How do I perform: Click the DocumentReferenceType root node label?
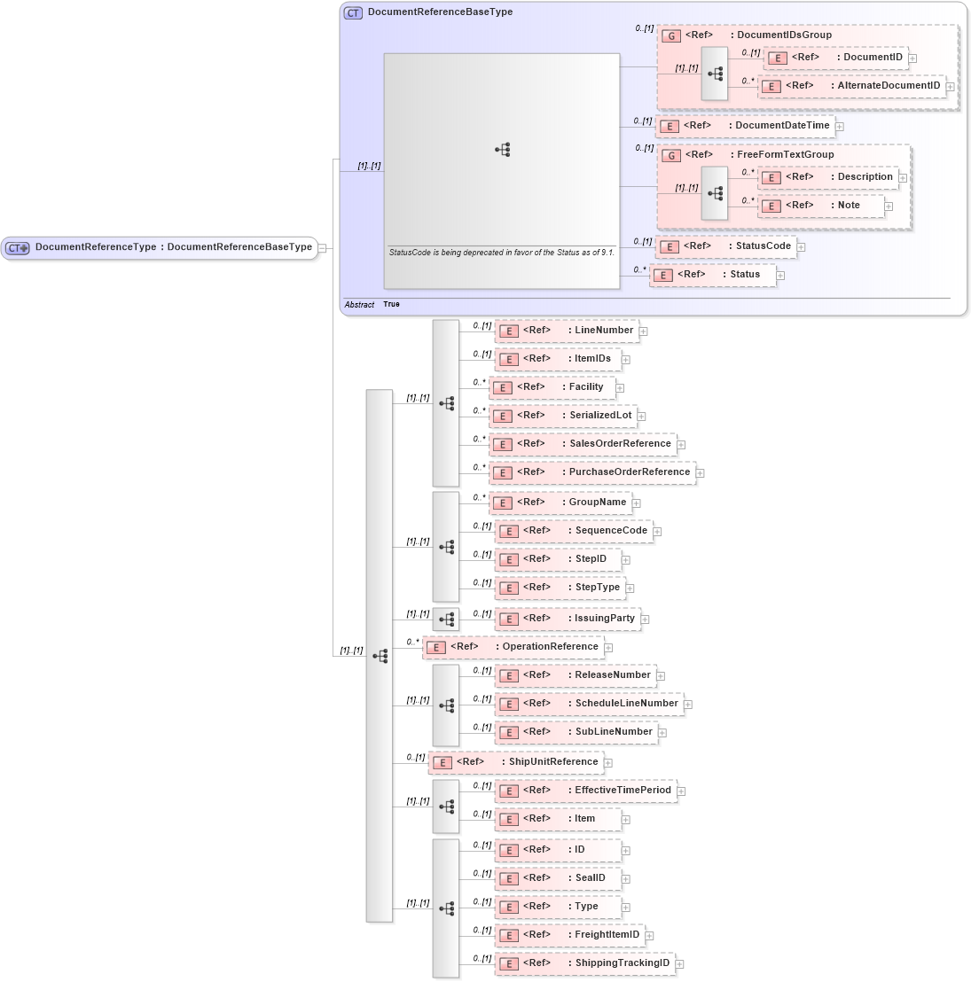(173, 247)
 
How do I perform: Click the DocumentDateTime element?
(745, 126)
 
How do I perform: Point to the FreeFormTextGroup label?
(785, 155)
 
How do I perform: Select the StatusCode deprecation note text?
(501, 253)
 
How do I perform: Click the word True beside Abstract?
(391, 304)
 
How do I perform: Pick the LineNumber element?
(567, 331)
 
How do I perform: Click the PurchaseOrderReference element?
(591, 472)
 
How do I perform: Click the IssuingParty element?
(568, 619)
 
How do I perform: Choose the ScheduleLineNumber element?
(589, 704)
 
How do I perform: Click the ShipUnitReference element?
(516, 762)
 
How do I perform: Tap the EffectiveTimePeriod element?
(585, 791)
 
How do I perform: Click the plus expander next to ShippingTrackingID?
(680, 964)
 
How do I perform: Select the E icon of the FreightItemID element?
(509, 935)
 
